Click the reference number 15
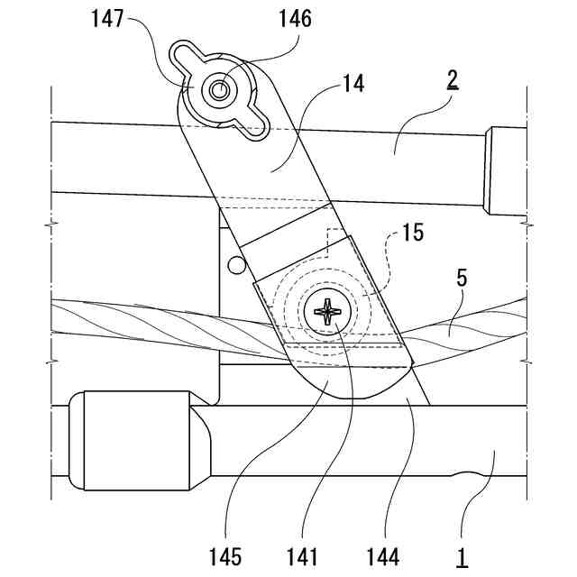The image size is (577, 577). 411,232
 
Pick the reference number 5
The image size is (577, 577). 461,279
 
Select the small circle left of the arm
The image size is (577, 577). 236,264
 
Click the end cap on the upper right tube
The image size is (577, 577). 505,172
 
